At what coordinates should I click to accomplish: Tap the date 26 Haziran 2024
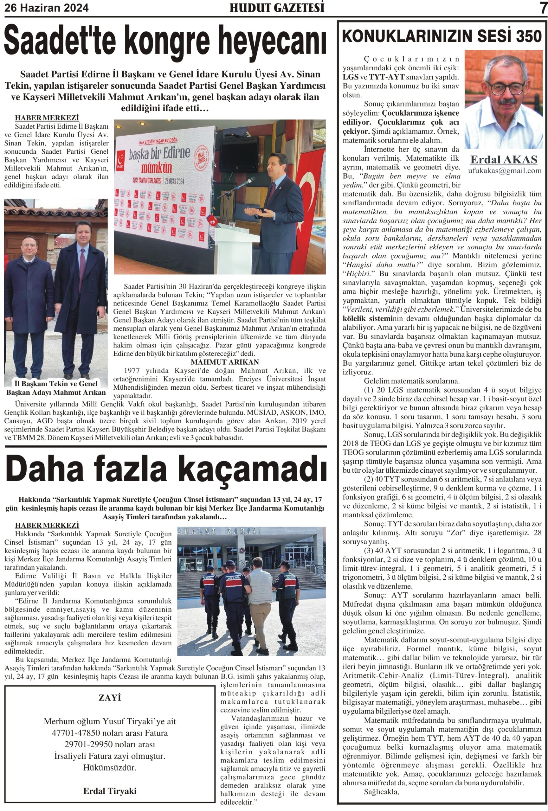click(x=46, y=8)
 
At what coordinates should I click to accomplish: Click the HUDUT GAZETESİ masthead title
click(x=277, y=8)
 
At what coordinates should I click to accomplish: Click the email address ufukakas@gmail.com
click(x=504, y=171)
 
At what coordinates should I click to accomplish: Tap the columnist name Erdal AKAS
click(x=504, y=159)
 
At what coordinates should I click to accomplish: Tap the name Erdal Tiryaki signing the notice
click(x=110, y=791)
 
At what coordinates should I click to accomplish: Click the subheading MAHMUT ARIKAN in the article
click(x=225, y=362)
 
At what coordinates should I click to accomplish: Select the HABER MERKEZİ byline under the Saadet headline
click(x=47, y=118)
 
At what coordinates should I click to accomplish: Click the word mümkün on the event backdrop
click(x=156, y=168)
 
